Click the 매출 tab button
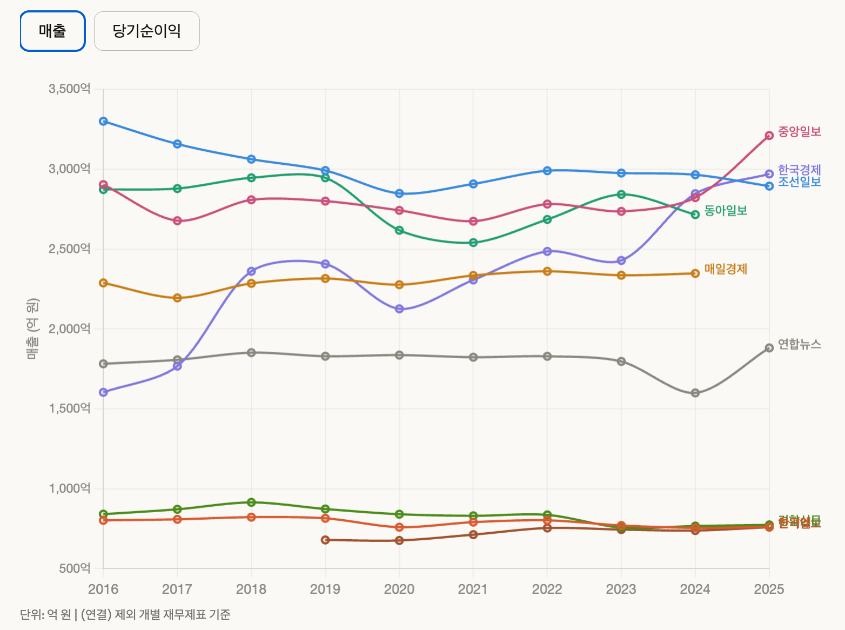pyautogui.click(x=52, y=31)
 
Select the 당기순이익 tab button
pyautogui.click(x=146, y=31)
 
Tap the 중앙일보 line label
pyautogui.click(x=799, y=131)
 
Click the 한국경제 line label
pyautogui.click(x=799, y=170)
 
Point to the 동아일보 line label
pyautogui.click(x=726, y=211)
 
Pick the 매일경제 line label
pyautogui.click(x=726, y=269)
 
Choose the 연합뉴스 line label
pyautogui.click(x=799, y=344)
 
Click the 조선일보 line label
pyautogui.click(x=799, y=182)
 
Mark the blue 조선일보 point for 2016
pyautogui.click(x=103, y=121)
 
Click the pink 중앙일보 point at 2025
pyautogui.click(x=769, y=136)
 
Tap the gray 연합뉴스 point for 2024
pyautogui.click(x=695, y=393)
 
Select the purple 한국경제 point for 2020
pyautogui.click(x=399, y=309)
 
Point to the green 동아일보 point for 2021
pyautogui.click(x=473, y=243)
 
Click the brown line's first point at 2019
pyautogui.click(x=325, y=540)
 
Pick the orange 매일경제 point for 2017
pyautogui.click(x=177, y=298)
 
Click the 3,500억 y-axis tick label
pyautogui.click(x=70, y=89)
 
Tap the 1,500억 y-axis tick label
pyautogui.click(x=70, y=408)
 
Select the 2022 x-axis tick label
pyautogui.click(x=547, y=589)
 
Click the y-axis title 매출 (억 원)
pyautogui.click(x=32, y=329)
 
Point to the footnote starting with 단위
pyautogui.click(x=125, y=614)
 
